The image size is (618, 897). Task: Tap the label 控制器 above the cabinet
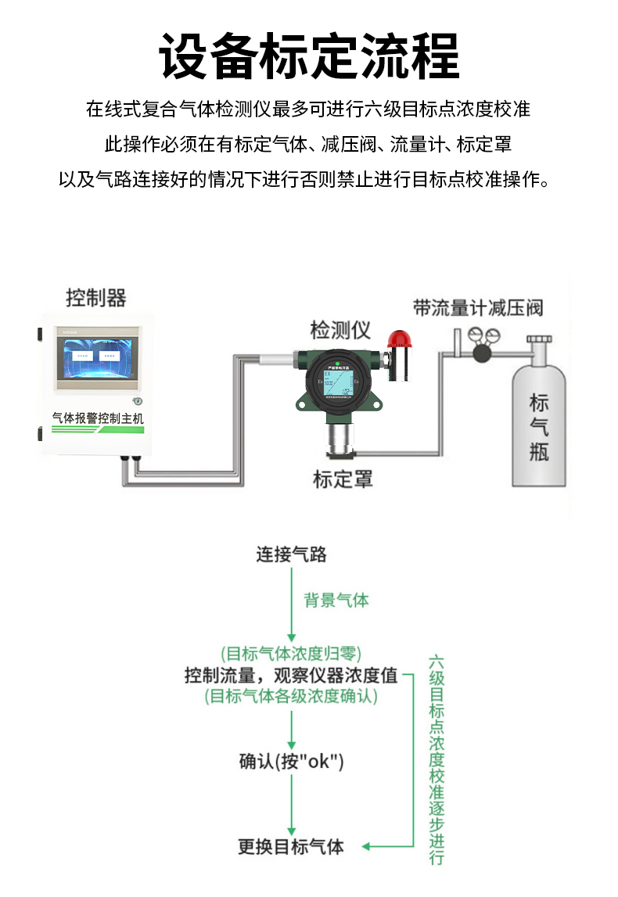pyautogui.click(x=95, y=298)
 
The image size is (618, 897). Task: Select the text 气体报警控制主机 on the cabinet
pyautogui.click(x=98, y=418)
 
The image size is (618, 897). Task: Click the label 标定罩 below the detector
pyautogui.click(x=343, y=479)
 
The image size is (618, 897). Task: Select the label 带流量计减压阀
pyautogui.click(x=478, y=307)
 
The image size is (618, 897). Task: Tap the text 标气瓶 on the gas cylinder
pyautogui.click(x=539, y=427)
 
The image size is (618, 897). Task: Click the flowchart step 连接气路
pyautogui.click(x=291, y=554)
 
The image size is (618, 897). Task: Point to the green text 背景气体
pyautogui.click(x=336, y=601)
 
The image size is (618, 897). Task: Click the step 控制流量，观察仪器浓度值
pyautogui.click(x=291, y=675)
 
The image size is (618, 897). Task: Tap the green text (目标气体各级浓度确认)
pyautogui.click(x=291, y=696)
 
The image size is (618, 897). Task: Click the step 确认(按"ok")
pyautogui.click(x=291, y=761)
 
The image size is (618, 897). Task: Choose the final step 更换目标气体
pyautogui.click(x=291, y=846)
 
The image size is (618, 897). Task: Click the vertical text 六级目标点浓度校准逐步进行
pyautogui.click(x=437, y=759)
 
